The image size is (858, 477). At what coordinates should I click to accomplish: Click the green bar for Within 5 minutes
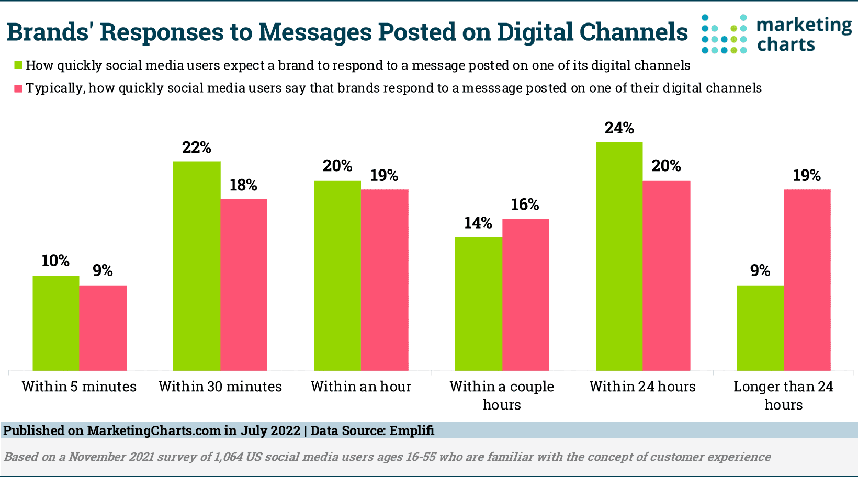(56, 323)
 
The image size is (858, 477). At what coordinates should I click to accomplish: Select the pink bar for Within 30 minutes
(244, 285)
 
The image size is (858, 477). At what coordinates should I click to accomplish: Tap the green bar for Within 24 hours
(619, 256)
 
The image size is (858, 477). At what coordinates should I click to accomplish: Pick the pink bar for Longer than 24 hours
(807, 280)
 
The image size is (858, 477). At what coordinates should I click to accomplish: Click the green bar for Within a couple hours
(478, 304)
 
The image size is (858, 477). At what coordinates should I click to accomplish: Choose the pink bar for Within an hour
(385, 280)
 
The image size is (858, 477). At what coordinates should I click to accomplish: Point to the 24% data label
(619, 128)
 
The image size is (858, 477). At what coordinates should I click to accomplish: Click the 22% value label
(197, 147)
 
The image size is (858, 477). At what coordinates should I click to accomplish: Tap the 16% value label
(525, 205)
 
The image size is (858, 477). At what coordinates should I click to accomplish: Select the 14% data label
(478, 223)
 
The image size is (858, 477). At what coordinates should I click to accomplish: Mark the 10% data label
(55, 260)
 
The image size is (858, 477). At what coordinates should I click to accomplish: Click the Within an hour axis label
(361, 387)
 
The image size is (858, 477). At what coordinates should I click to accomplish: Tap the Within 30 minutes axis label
(220, 387)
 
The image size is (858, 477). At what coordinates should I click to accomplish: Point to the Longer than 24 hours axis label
(783, 395)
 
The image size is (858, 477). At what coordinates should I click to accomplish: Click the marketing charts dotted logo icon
(724, 34)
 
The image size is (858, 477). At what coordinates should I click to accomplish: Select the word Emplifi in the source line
(412, 431)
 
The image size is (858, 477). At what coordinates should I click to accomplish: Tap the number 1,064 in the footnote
(228, 457)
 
